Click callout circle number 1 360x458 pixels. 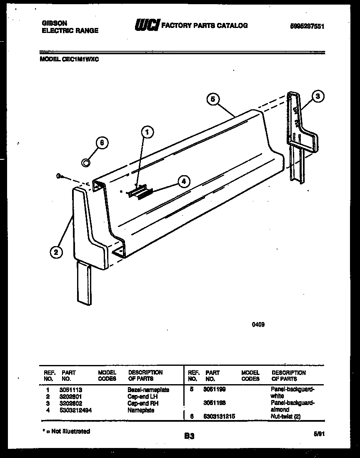(146, 133)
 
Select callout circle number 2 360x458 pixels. (55, 252)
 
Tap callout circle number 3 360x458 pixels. (318, 97)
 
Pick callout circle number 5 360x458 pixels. (212, 99)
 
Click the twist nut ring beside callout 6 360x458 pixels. (85, 162)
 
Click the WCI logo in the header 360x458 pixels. (146, 26)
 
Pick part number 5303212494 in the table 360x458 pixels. (77, 410)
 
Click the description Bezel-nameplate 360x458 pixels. (148, 390)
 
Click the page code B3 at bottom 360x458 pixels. (189, 436)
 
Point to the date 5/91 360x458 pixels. (319, 434)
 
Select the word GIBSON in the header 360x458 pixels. (55, 23)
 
